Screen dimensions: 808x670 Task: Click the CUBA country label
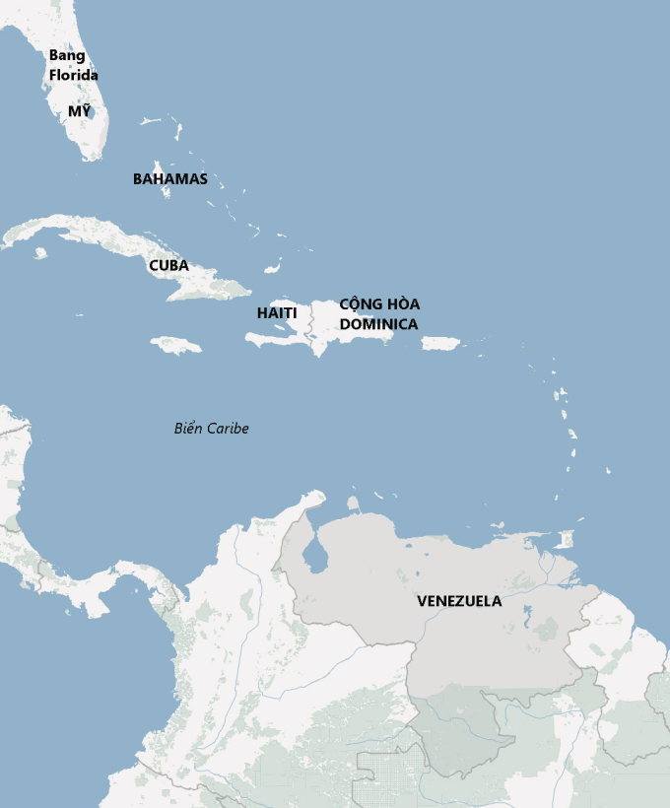[x=168, y=265]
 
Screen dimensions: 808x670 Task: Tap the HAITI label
[x=277, y=312]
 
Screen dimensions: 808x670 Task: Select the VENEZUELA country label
[x=459, y=600]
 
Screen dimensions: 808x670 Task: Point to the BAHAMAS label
[x=170, y=178]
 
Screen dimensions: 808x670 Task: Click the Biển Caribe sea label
[x=211, y=428]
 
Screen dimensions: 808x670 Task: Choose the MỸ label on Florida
[x=79, y=111]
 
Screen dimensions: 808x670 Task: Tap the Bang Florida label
[x=74, y=65]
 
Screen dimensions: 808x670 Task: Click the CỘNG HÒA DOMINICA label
[x=379, y=313]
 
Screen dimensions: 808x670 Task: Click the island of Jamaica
[x=176, y=345]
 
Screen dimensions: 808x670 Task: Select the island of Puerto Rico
[x=440, y=343]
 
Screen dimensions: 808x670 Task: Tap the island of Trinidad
[x=565, y=540]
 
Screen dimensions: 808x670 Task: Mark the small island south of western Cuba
[x=40, y=253]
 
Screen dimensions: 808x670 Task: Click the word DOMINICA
[x=379, y=323]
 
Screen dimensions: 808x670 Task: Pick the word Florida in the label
[x=74, y=75]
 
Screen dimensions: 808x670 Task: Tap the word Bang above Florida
[x=67, y=55]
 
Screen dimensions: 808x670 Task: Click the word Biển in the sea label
[x=187, y=428]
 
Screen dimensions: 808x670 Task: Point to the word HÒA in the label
[x=404, y=303]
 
